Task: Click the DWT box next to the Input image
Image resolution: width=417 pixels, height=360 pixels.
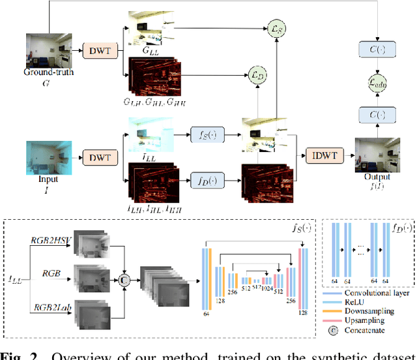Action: [x=100, y=157]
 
